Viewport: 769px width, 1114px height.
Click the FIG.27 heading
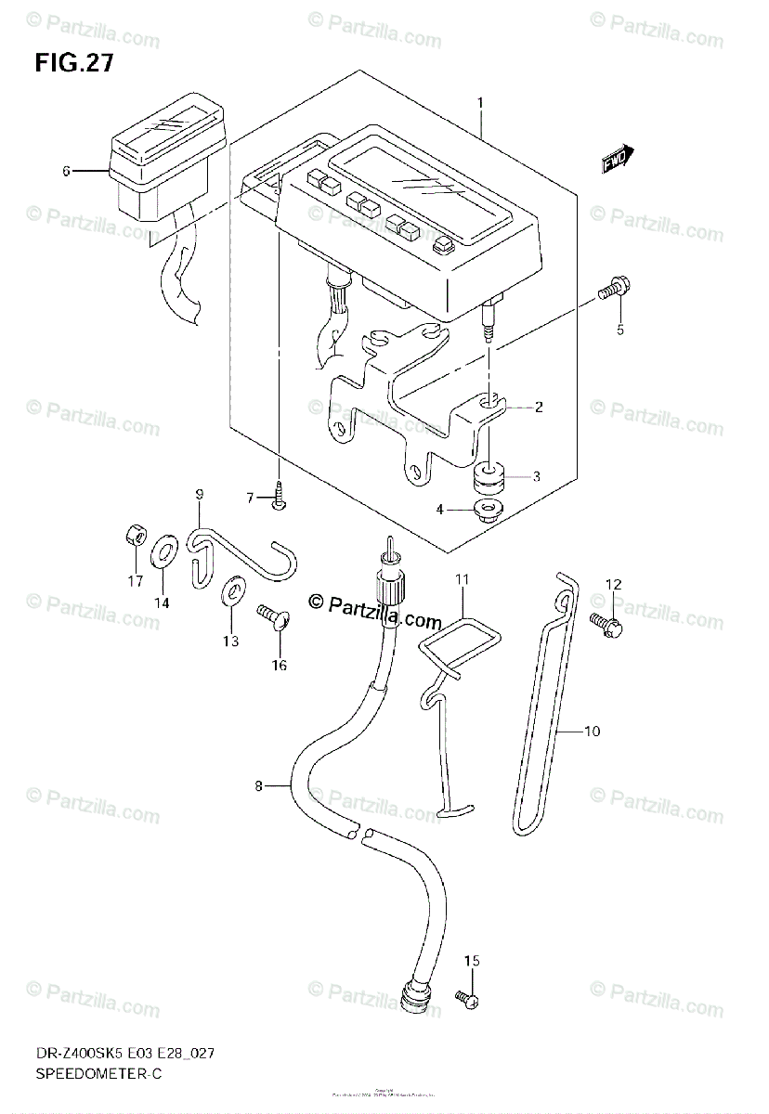point(76,64)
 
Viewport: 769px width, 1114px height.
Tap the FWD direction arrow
point(618,160)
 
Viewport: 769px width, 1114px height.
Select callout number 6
point(66,171)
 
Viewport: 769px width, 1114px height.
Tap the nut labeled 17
point(136,537)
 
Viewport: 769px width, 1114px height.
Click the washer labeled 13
point(230,589)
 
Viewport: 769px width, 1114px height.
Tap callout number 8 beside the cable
point(259,787)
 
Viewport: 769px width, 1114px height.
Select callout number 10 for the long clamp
point(593,732)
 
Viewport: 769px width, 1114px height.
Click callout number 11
point(462,580)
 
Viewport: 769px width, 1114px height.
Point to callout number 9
point(199,495)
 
